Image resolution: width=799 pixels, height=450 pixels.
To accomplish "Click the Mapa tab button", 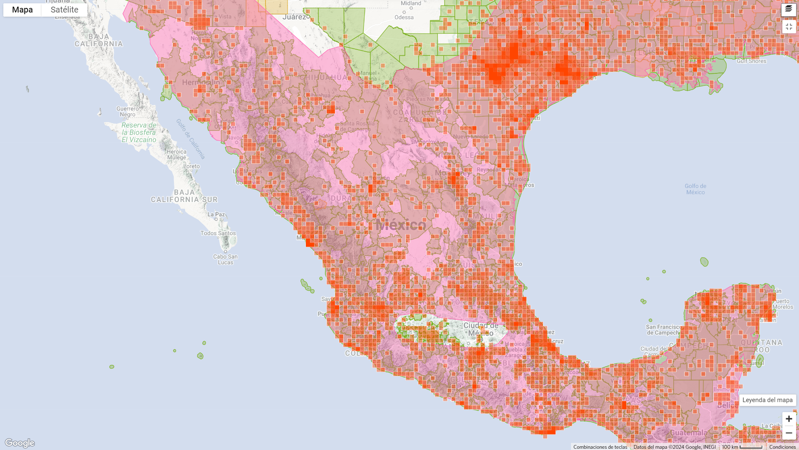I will click(x=22, y=10).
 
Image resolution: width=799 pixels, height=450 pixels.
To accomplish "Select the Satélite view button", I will click(x=65, y=10).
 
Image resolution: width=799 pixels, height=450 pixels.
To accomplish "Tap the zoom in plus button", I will click(x=789, y=419).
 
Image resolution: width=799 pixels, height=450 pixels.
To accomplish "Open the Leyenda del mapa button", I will click(x=767, y=400).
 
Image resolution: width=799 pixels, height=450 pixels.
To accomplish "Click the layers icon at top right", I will click(x=789, y=9).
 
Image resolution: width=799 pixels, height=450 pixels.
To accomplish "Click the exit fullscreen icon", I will click(x=789, y=27).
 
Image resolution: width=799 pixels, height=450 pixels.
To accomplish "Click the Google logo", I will click(x=20, y=442).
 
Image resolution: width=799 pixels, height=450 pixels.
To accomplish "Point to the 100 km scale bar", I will click(x=742, y=447).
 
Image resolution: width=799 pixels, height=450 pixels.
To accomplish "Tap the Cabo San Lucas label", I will click(x=225, y=259).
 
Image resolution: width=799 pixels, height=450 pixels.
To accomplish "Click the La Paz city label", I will click(x=216, y=215).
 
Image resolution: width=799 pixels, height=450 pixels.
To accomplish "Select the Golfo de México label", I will click(x=695, y=189).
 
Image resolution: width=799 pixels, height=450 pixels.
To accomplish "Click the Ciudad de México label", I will click(x=481, y=329).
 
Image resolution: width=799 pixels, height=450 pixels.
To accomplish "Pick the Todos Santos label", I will click(x=218, y=233).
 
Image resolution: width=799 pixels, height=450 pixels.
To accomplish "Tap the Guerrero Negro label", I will click(x=128, y=112).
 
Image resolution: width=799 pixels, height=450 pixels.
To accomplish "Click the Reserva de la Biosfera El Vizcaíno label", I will click(x=139, y=132).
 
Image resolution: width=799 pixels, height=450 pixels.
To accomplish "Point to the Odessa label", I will click(x=404, y=17).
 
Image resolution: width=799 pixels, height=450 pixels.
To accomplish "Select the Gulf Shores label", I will click(x=751, y=61).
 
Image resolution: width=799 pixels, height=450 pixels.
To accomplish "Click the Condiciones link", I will click(x=782, y=447).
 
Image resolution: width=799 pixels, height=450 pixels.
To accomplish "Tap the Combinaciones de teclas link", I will click(x=600, y=447).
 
